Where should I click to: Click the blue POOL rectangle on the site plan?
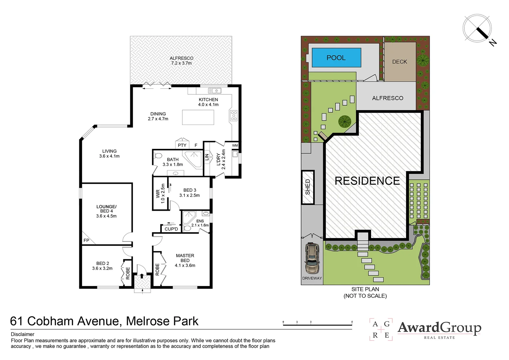coord(336,58)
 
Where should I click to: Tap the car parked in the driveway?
coord(312,258)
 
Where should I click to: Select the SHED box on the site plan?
coord(308,187)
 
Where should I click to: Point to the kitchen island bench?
coord(198,117)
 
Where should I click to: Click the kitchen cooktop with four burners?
coord(234,115)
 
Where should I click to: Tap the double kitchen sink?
coord(215,90)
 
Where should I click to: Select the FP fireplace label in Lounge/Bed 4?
coord(86,240)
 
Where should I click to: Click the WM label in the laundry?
coord(235,145)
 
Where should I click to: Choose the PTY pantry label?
coord(182,145)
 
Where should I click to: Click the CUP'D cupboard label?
coord(171,229)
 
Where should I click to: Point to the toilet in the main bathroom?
coord(158,155)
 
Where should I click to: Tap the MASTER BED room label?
coord(185,258)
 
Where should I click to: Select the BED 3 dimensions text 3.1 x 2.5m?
coord(190,195)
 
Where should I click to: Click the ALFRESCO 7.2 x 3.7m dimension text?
coord(181,63)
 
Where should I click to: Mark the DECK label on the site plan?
coord(399,62)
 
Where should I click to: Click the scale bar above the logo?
coord(317,324)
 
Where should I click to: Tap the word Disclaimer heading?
coord(23,334)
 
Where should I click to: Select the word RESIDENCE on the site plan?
coord(367,181)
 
